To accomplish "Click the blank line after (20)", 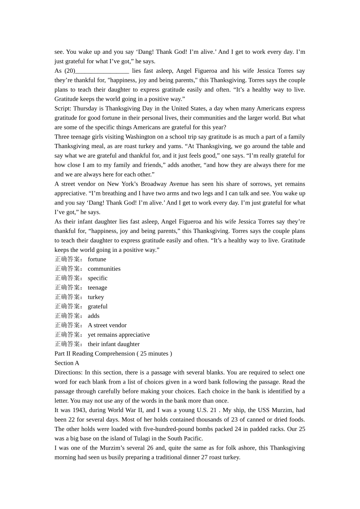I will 102,71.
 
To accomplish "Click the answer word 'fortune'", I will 97,259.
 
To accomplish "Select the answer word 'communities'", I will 104,269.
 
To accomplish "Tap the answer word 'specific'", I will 98,278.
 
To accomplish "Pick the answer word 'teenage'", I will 97,287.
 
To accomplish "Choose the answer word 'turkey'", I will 96,297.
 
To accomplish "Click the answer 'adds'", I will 94,316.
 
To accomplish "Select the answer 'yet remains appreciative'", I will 119,335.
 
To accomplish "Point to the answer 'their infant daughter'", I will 114,344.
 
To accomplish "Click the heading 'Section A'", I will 67,363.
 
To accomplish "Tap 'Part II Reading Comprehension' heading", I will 95,354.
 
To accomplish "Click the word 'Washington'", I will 140,137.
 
